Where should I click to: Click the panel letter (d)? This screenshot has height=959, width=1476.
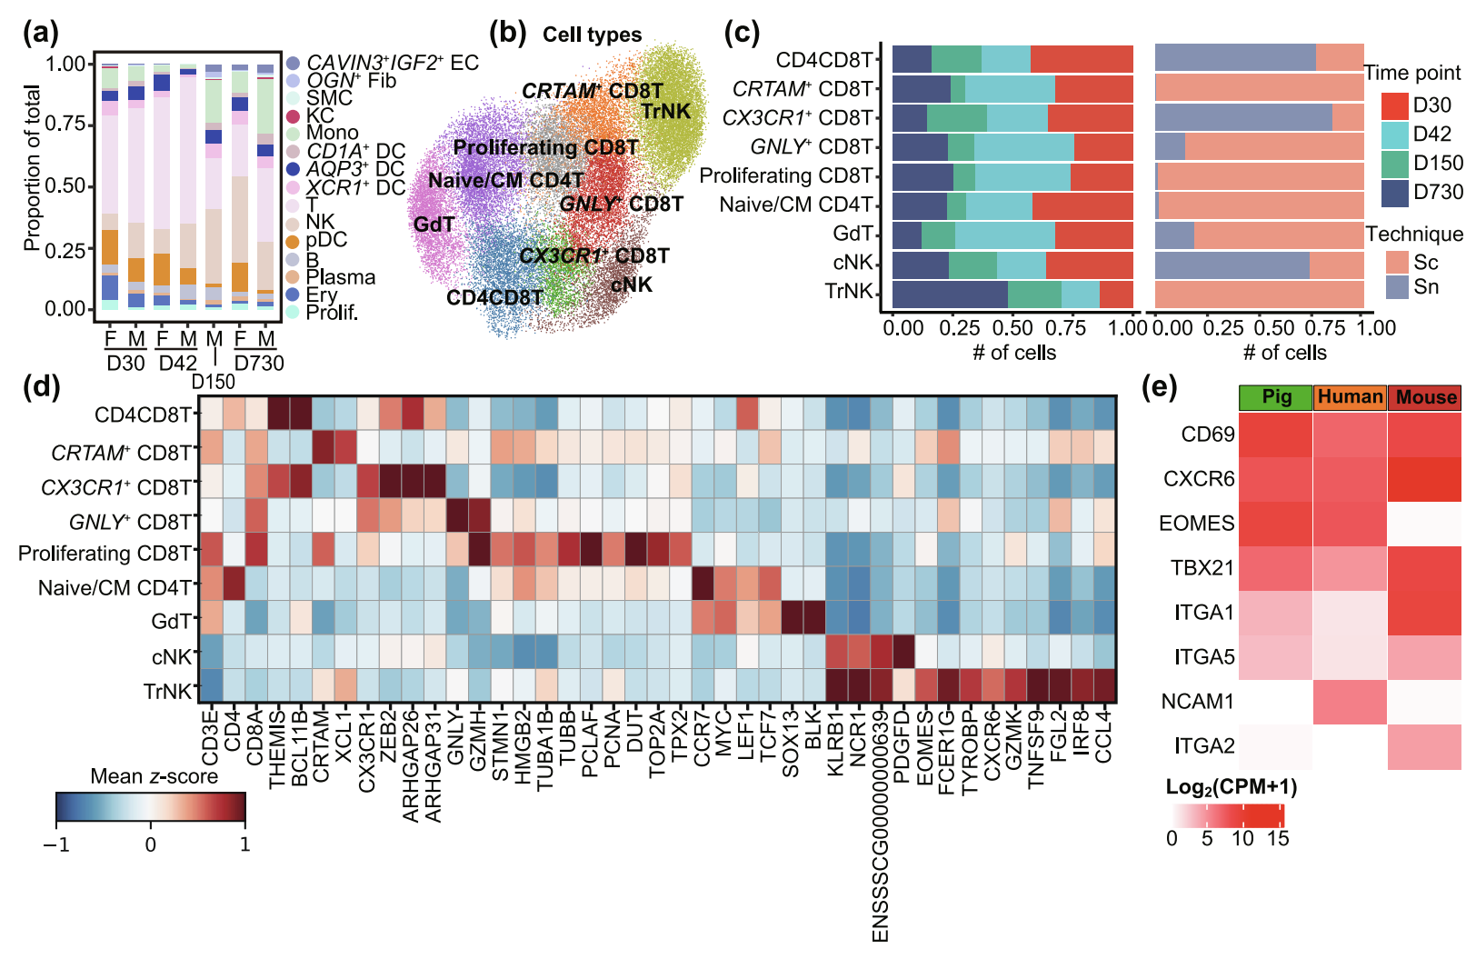coord(41,386)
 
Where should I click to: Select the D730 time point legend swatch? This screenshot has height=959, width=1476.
coord(1395,193)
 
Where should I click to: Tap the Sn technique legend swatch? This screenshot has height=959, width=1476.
coord(1398,287)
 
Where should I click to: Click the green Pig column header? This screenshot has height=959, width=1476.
coord(1276,397)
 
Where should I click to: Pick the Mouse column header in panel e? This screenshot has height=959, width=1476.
coord(1425,397)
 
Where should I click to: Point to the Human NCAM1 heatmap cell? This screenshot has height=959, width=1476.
coord(1350,702)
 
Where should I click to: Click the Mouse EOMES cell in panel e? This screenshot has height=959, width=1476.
coord(1424,524)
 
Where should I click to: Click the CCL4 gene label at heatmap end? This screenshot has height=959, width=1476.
coord(1103,737)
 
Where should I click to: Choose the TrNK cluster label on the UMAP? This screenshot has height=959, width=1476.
coord(666,112)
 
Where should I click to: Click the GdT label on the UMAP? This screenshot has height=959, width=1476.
coord(434,225)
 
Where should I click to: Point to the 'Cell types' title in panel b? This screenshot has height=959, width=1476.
coord(592,35)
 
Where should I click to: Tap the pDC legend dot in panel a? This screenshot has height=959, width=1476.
coord(293,242)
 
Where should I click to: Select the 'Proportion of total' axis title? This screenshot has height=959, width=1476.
coord(33,168)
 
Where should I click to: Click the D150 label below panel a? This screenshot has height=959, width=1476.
coord(214,382)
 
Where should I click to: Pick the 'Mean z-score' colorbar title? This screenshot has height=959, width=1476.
coord(154,776)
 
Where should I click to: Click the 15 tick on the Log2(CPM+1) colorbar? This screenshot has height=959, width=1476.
coord(1278,838)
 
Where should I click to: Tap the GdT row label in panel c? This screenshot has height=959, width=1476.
coord(853,234)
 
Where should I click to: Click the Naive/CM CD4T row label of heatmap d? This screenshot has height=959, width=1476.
coord(115,588)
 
